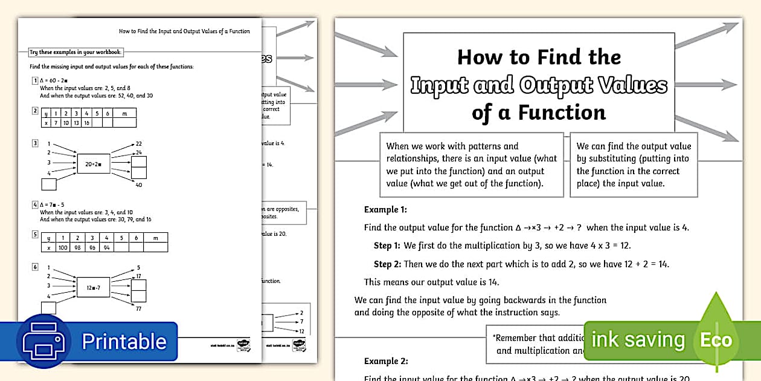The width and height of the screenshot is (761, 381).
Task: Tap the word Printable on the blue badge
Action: click(124, 342)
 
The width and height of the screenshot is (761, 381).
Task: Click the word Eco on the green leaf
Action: click(716, 340)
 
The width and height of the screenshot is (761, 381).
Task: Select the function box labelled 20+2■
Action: click(94, 164)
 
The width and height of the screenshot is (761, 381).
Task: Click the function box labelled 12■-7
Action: click(94, 288)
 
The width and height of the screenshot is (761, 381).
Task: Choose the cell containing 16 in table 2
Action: click(86, 123)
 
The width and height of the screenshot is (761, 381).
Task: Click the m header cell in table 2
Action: click(124, 113)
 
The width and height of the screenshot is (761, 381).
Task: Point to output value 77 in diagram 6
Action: click(138, 308)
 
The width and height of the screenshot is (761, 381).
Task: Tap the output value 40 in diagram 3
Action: click(138, 185)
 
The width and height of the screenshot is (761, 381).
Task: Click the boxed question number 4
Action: click(35, 204)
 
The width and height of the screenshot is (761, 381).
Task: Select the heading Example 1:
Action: click(385, 210)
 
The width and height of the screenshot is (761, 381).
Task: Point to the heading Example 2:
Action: click(386, 361)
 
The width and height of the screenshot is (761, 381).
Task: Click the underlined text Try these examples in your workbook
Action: click(76, 52)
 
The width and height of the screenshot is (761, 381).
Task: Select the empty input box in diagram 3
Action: click(48, 184)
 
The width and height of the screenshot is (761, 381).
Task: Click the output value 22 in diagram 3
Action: click(138, 143)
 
